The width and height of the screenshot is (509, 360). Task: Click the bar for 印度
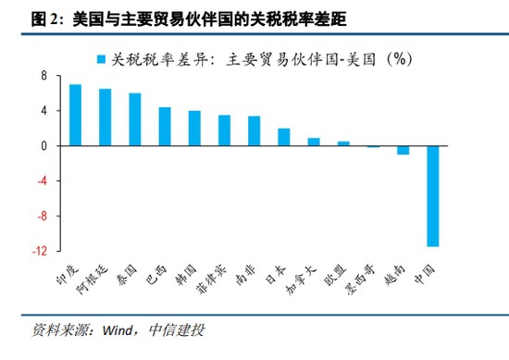(x=75, y=115)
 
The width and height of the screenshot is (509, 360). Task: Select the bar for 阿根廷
(x=105, y=118)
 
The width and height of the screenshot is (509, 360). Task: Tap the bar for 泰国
(x=135, y=119)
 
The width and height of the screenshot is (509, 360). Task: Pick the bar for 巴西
(x=165, y=127)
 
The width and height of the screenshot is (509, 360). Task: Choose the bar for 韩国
(x=194, y=129)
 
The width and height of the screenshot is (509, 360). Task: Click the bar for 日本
(x=284, y=137)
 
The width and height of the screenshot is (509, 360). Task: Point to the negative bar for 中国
(x=432, y=196)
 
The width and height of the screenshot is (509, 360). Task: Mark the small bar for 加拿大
(x=314, y=142)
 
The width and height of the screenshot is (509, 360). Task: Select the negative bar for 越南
(x=403, y=150)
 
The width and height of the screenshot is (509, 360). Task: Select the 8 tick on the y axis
(x=43, y=76)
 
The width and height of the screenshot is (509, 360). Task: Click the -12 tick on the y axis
(x=39, y=251)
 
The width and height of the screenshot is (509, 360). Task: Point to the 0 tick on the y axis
(x=43, y=146)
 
